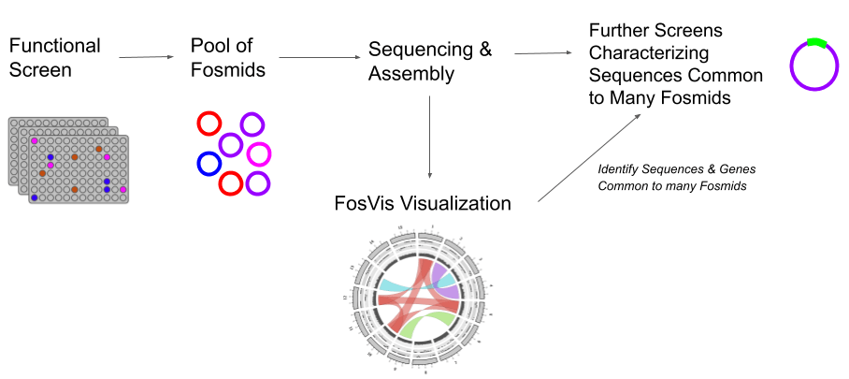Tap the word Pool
point(210,45)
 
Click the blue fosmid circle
point(209,164)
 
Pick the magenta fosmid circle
point(259,153)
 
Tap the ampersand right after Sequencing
point(484,50)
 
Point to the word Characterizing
point(649,52)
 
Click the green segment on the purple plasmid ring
point(816,42)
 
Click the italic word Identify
point(619,169)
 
